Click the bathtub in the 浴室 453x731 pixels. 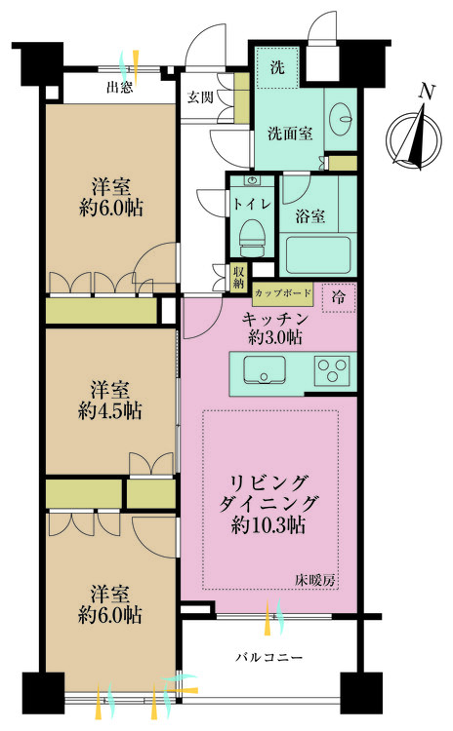coord(318,255)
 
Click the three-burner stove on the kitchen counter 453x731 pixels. coord(332,371)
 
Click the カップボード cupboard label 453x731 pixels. coord(283,292)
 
